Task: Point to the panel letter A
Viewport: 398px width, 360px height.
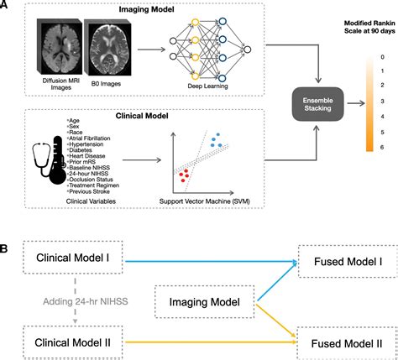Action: tap(8, 7)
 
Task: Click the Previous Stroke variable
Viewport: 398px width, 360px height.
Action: tap(96, 190)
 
